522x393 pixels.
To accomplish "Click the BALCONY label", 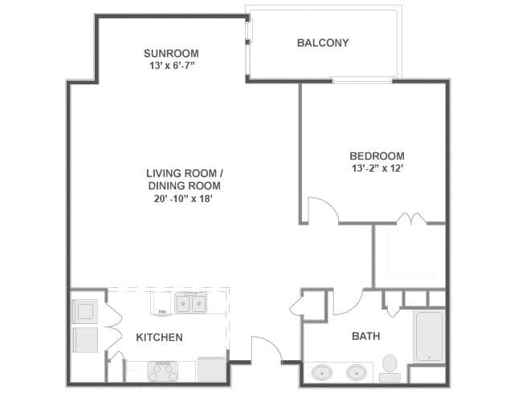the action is tap(323, 43).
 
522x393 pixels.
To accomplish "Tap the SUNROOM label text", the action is tap(171, 53).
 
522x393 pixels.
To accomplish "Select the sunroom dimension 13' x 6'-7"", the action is tap(171, 66).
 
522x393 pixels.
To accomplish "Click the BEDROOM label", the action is tap(377, 156).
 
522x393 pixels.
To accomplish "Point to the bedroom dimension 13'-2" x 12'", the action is tap(377, 168).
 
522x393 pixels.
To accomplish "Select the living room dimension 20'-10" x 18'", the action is tap(183, 199).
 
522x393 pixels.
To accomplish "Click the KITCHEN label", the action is tap(160, 338).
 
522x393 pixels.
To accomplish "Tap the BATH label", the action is tap(366, 337).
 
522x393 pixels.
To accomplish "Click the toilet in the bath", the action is tap(389, 368).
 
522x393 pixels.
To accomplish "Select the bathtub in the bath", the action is tap(429, 337).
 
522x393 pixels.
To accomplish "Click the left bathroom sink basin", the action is tap(322, 373).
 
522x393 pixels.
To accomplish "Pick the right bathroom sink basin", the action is tap(357, 373).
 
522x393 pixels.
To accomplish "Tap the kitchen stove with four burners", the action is tap(162, 371).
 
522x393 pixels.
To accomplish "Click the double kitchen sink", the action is tap(191, 302).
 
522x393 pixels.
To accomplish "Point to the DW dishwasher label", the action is tap(162, 311).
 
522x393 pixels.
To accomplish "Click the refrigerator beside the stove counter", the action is tap(212, 370).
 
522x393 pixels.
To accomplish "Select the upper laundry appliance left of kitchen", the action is tap(85, 311).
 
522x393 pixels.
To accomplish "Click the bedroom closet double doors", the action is tap(411, 218).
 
